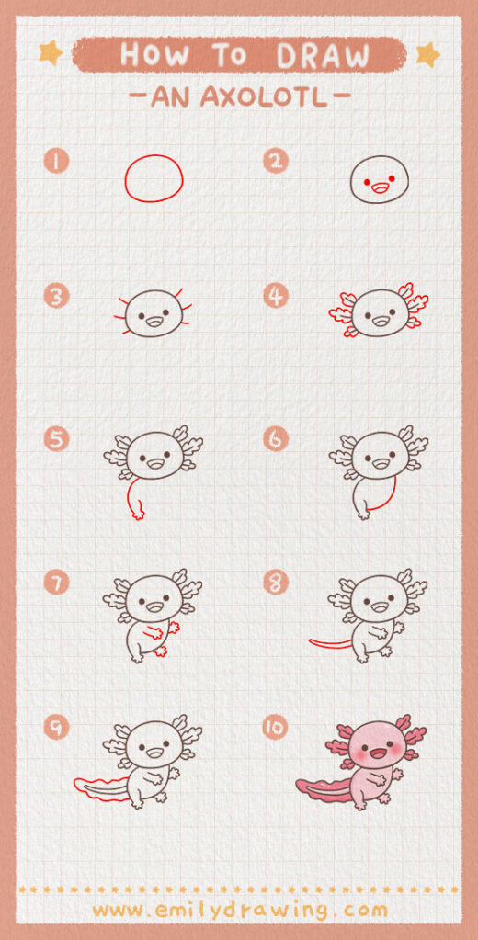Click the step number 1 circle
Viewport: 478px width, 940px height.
click(57, 163)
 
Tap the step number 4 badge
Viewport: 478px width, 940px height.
click(275, 296)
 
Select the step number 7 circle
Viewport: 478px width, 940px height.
click(57, 582)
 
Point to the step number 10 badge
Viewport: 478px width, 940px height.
click(275, 728)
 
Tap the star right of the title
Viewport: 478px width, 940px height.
click(427, 54)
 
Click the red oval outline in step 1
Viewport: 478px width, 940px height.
click(154, 178)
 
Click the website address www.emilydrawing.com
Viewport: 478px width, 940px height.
click(239, 911)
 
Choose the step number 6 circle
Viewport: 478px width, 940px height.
click(275, 438)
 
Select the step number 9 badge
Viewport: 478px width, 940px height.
click(57, 728)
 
